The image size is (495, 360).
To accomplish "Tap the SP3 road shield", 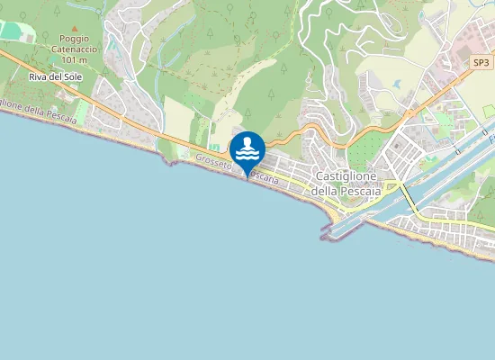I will (x=482, y=62).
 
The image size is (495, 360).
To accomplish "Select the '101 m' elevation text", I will (x=75, y=59).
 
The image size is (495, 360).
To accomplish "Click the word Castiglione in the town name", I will (x=346, y=178).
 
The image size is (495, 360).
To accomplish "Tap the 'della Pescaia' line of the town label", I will (x=346, y=192).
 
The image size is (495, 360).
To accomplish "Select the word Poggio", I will (x=75, y=40).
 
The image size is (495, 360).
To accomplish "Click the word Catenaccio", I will (x=75, y=49).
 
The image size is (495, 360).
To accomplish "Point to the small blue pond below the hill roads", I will (x=396, y=85).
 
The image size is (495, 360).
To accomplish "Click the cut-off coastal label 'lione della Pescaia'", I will (x=34, y=111).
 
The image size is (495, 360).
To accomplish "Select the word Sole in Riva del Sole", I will (x=70, y=77).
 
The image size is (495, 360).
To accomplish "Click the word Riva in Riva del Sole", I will (x=38, y=77).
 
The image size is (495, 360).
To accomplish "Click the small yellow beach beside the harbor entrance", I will (x=337, y=215).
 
